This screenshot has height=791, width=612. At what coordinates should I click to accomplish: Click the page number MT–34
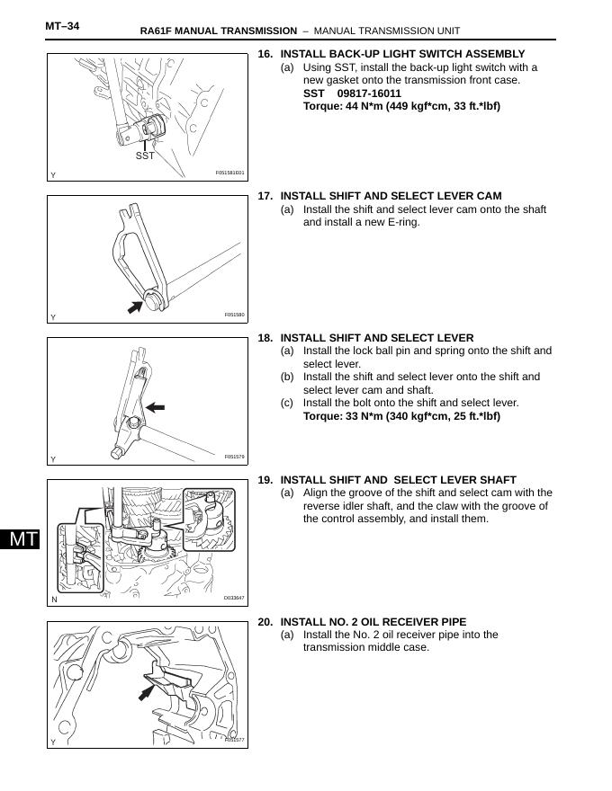pyautogui.click(x=62, y=26)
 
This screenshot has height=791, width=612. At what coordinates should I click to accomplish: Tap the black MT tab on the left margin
pyautogui.click(x=20, y=539)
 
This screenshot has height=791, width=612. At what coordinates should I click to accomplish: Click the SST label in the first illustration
pyautogui.click(x=145, y=156)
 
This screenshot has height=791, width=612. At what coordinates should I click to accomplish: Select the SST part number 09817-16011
pyautogui.click(x=369, y=93)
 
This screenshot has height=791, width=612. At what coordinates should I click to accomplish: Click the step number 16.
pyautogui.click(x=265, y=54)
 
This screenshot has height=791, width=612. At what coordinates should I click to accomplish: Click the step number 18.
pyautogui.click(x=265, y=338)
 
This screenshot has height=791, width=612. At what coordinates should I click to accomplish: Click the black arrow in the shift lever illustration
pyautogui.click(x=156, y=407)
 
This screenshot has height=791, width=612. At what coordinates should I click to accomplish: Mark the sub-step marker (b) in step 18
pyautogui.click(x=287, y=377)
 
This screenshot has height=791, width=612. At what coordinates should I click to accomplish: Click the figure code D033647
pyautogui.click(x=234, y=598)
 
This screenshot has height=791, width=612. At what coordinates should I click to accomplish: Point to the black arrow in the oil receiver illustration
pyautogui.click(x=145, y=690)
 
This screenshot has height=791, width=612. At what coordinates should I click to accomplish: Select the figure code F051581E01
pyautogui.click(x=229, y=173)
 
